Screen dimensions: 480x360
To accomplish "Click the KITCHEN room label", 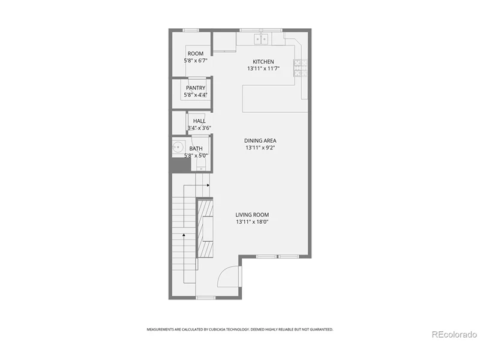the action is (263, 62).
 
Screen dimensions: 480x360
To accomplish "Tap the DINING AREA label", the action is (260, 140).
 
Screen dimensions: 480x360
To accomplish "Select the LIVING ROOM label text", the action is (252, 215).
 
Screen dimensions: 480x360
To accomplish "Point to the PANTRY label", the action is (196, 88).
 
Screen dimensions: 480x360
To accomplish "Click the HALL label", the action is (199, 121).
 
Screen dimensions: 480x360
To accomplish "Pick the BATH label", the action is (196, 148).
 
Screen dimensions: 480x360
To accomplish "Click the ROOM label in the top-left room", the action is (196, 53).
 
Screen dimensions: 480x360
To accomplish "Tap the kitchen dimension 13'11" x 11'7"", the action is (263, 68).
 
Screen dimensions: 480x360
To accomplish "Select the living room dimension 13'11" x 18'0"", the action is (252, 222).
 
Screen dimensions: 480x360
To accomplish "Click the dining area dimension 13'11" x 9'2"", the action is (260, 148).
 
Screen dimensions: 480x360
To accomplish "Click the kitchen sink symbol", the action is (261, 39).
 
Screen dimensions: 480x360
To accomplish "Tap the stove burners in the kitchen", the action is (301, 68).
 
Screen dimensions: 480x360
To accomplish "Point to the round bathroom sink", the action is (178, 148).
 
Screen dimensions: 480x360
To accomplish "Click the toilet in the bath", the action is (201, 166).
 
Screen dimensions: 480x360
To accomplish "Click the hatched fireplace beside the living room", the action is (205, 229).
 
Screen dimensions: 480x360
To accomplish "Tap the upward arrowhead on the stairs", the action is (184, 235).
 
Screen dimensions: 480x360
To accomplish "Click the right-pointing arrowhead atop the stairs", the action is (208, 185).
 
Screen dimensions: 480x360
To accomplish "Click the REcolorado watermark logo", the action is (454, 335).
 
